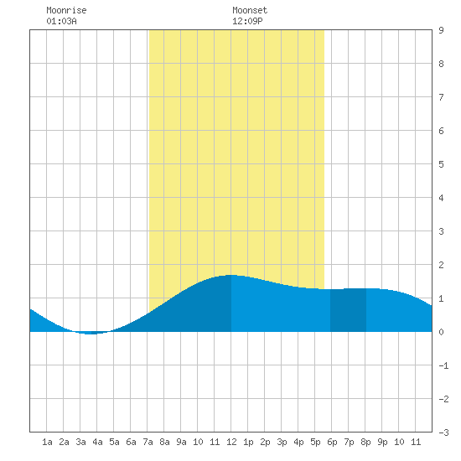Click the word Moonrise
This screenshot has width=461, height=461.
(66, 11)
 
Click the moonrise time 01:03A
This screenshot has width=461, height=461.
(61, 22)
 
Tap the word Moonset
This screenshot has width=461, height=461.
(250, 11)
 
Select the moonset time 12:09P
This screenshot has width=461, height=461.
(247, 22)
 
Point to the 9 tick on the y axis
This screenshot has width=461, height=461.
(441, 30)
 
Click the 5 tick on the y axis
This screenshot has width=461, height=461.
(441, 164)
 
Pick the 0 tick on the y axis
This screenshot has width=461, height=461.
(441, 332)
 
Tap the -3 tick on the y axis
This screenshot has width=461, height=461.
(443, 433)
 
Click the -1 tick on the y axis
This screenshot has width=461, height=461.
(443, 365)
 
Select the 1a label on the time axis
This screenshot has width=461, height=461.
(47, 443)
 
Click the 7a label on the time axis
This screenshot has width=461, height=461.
(148, 443)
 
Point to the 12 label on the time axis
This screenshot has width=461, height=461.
(231, 443)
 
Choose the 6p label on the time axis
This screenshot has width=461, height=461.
(332, 443)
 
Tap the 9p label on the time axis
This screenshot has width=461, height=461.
(382, 443)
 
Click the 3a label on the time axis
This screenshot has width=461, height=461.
(80, 443)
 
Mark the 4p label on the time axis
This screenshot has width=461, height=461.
(298, 443)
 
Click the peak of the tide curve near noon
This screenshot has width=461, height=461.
(231, 275)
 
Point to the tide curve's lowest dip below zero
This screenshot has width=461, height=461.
(91, 334)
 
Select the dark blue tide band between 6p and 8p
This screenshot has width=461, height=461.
(348, 310)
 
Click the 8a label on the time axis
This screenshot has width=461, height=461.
(164, 443)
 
